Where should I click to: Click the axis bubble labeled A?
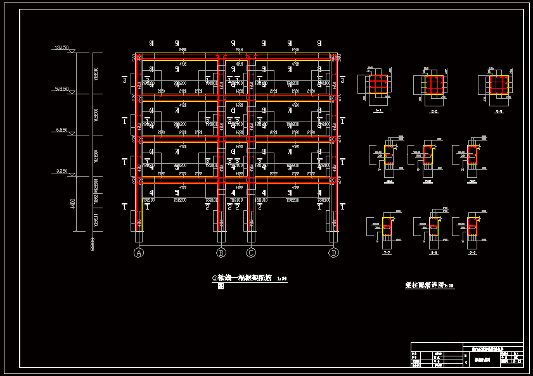[x=139, y=253]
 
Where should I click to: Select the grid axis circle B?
[x=221, y=253]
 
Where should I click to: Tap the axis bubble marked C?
[x=252, y=253]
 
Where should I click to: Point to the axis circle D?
[x=334, y=253]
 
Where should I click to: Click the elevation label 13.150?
[x=61, y=48]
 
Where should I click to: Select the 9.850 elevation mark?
[x=61, y=89]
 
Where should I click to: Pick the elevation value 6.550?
[x=61, y=130]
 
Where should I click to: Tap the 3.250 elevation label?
[x=61, y=171]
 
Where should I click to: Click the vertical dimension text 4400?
[x=73, y=204]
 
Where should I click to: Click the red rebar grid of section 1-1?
[x=378, y=84]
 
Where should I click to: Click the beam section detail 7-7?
[x=387, y=227]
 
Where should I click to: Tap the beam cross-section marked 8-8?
[x=434, y=227]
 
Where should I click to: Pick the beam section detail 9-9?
[x=472, y=227]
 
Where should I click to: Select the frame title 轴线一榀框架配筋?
[x=244, y=278]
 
